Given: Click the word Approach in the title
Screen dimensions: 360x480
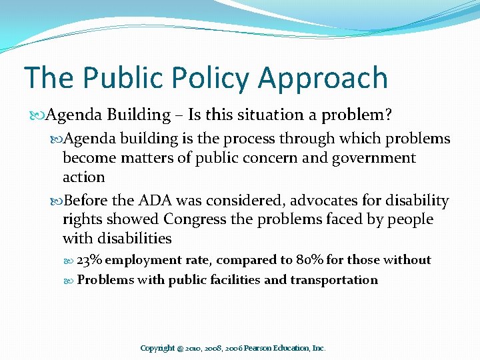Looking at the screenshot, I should tap(323, 79).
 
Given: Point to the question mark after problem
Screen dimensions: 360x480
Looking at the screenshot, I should tap(388, 115).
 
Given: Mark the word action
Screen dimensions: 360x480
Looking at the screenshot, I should tap(83, 177).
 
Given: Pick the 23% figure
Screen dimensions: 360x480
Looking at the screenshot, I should tap(89, 259).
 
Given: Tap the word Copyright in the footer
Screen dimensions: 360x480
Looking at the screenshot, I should tap(157, 348).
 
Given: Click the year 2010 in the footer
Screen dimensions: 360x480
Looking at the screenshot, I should tap(191, 348).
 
